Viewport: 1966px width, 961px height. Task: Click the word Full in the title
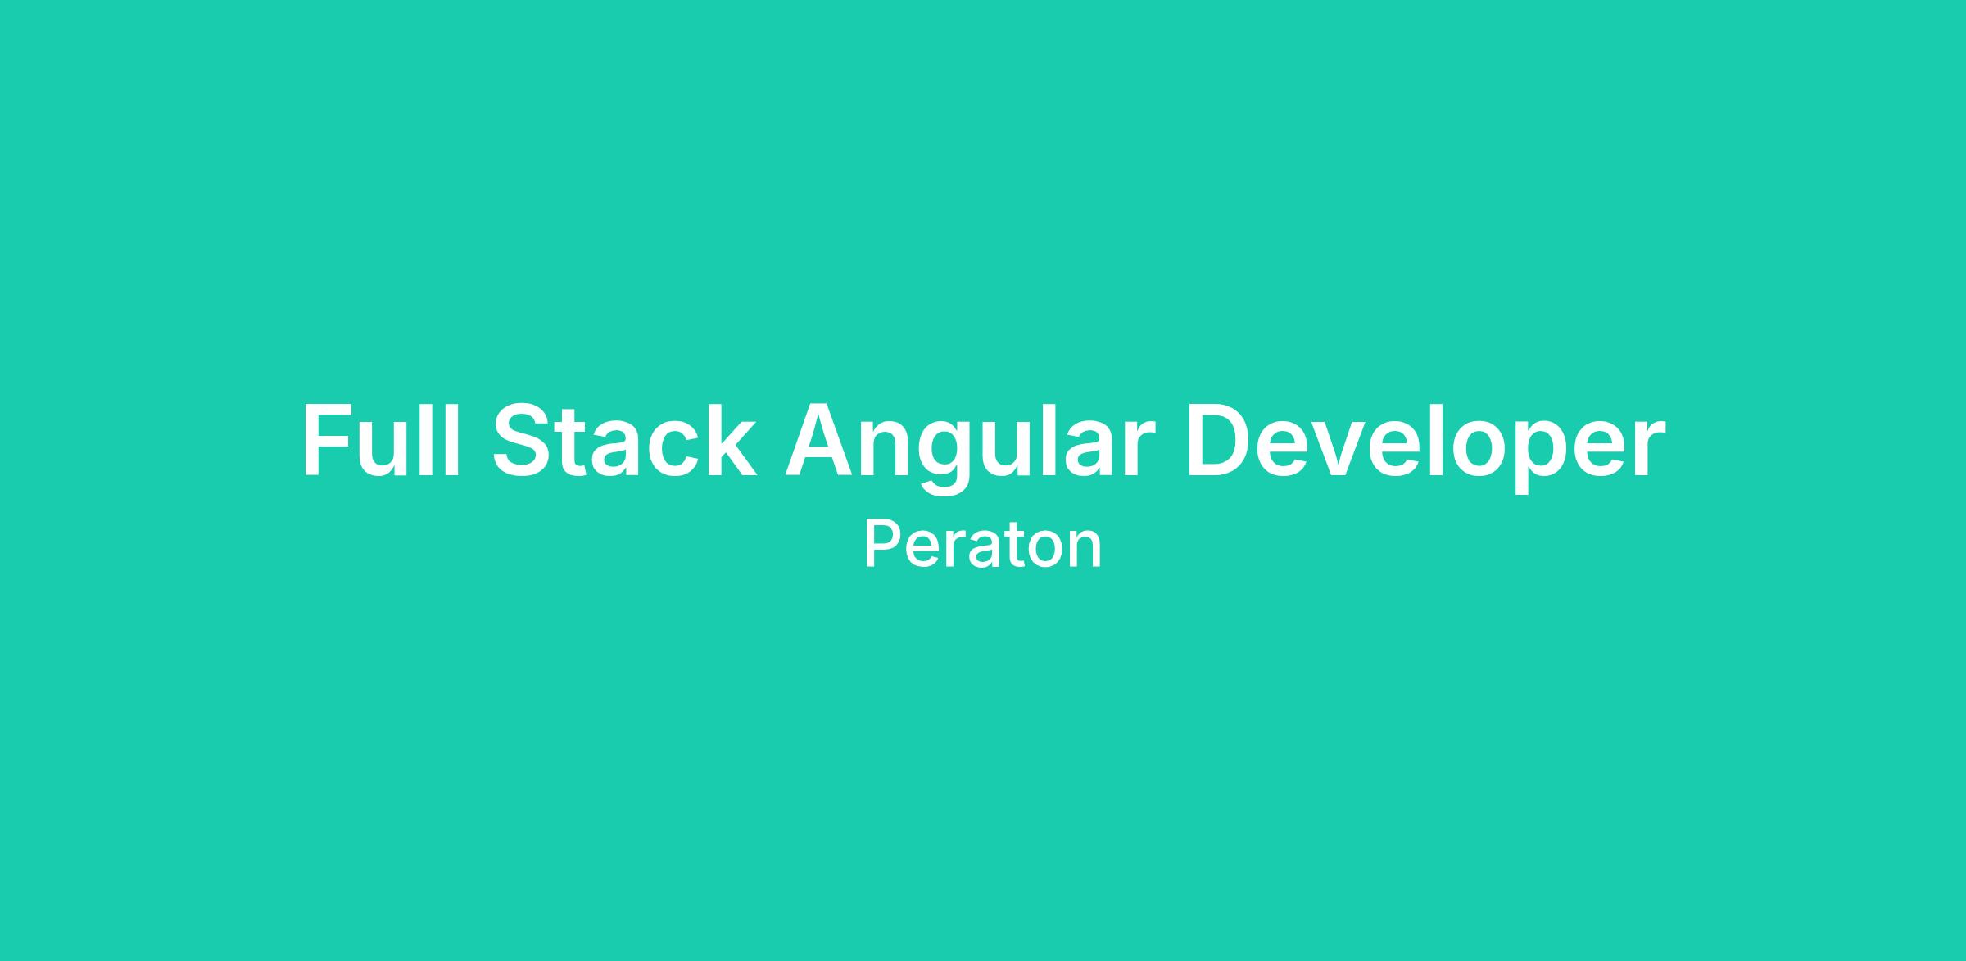[380, 440]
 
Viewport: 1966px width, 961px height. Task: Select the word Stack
[623, 440]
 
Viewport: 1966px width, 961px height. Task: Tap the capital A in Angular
[818, 440]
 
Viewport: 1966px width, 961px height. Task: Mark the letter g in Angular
[944, 460]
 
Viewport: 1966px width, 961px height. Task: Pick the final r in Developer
[1648, 449]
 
